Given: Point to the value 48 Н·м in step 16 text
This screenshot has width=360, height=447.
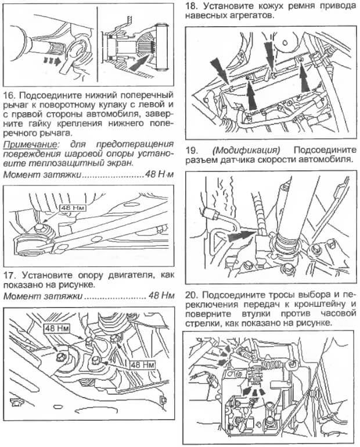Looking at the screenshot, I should tap(156, 174).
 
